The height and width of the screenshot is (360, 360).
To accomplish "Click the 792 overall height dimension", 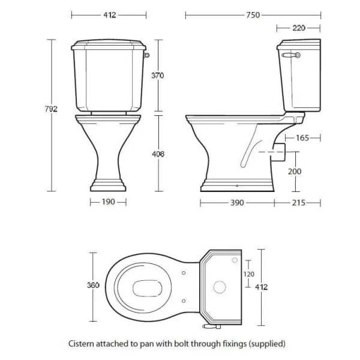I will pos(51,109).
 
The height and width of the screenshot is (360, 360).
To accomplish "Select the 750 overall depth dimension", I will pos(253,15).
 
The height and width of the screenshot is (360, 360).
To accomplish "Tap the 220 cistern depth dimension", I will pos(298,28).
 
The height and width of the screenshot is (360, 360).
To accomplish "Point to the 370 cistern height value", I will pos(158,76).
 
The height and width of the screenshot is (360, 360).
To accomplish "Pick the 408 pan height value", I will pos(158,154).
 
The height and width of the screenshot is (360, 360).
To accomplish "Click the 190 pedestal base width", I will pos(109,203).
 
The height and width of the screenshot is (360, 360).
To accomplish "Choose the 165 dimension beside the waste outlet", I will pos(302,138).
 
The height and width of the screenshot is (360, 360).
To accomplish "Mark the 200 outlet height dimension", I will pos(295,172).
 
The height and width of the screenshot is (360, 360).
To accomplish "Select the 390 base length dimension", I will pos(236,203).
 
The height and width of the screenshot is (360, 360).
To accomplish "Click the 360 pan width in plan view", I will pos(93,286).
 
